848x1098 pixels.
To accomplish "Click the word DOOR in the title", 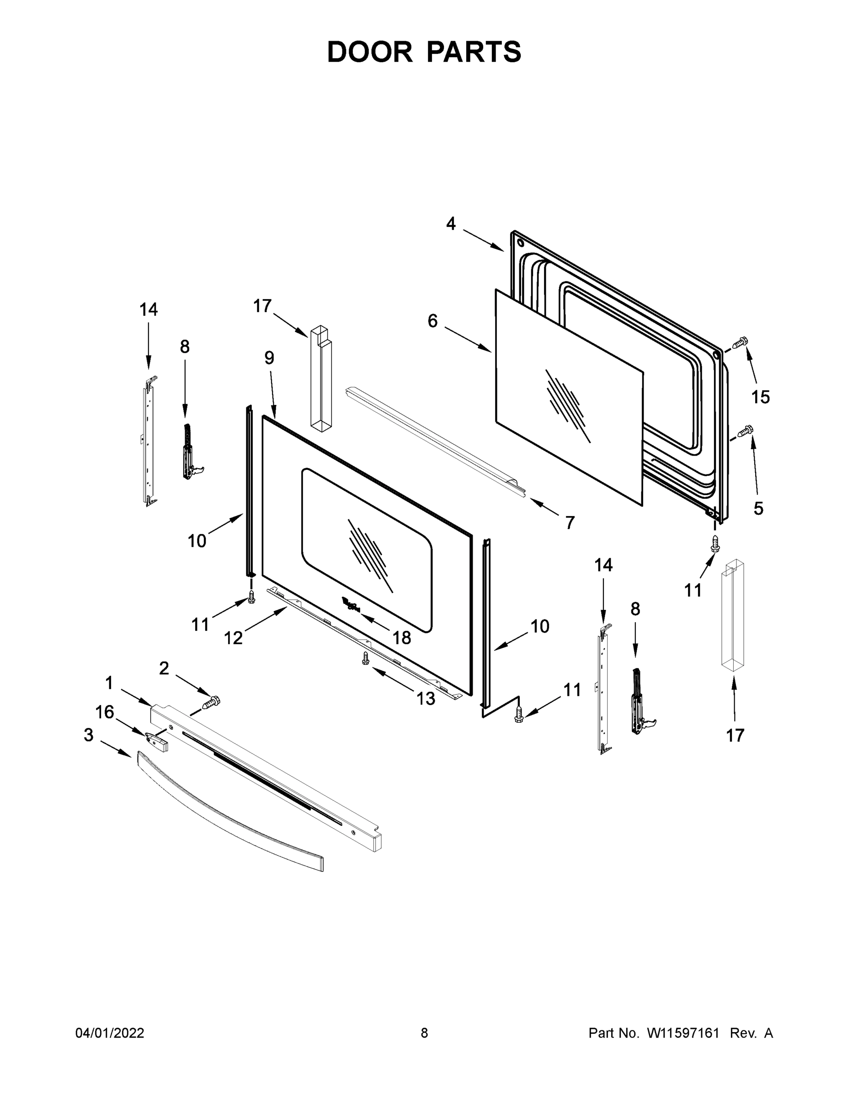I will pyautogui.click(x=370, y=52).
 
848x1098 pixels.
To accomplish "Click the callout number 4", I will pyautogui.click(x=451, y=224).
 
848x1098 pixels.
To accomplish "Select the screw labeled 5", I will pyautogui.click(x=745, y=431).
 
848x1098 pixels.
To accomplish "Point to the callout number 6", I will pyautogui.click(x=432, y=321).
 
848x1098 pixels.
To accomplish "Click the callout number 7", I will pyautogui.click(x=569, y=523).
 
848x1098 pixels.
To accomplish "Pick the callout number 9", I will pyautogui.click(x=269, y=358).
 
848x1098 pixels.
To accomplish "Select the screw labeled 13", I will pyautogui.click(x=366, y=659).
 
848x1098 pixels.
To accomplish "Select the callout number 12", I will pyautogui.click(x=233, y=638).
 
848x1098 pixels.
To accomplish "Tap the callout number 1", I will pyautogui.click(x=109, y=683).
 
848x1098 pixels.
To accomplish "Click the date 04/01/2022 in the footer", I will pyautogui.click(x=110, y=1033).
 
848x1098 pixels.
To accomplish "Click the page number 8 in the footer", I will pyautogui.click(x=424, y=1033).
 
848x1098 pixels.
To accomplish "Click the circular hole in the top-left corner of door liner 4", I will pyautogui.click(x=520, y=244).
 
